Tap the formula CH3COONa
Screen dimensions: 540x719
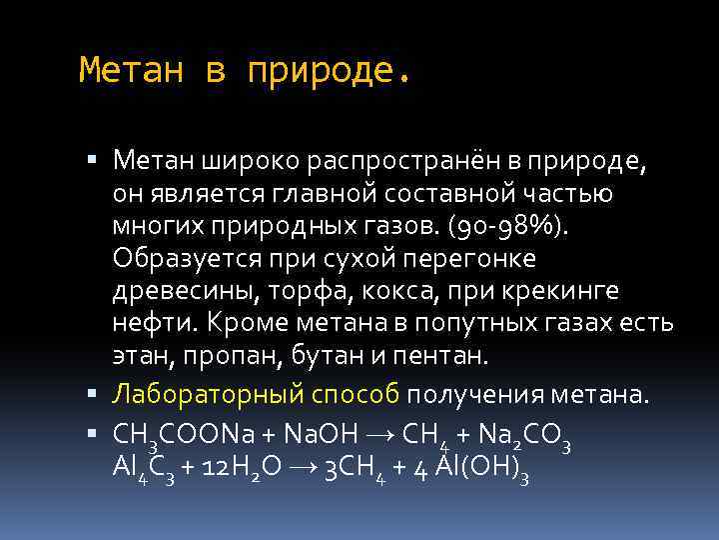[x=183, y=432]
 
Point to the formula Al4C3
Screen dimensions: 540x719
[x=144, y=466]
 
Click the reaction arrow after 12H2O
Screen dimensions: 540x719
[x=305, y=466]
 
